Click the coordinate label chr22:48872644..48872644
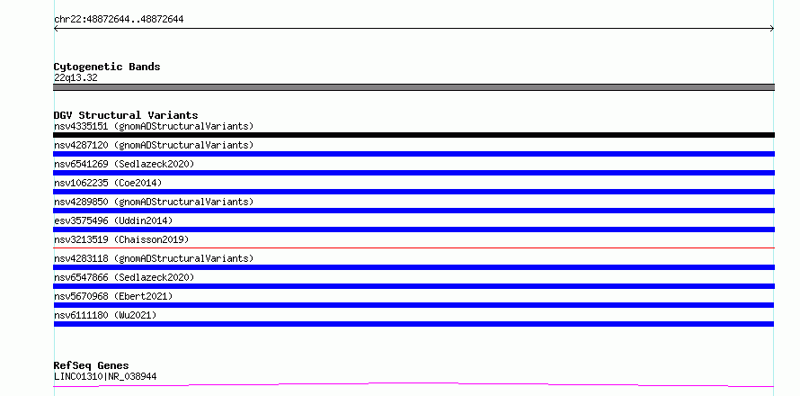(x=119, y=20)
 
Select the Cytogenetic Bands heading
(x=107, y=67)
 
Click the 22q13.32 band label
(x=76, y=77)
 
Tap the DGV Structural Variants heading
(x=126, y=115)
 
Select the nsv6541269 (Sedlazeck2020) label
(x=124, y=164)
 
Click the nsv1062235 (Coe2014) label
(x=108, y=183)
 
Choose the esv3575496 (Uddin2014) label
(x=113, y=220)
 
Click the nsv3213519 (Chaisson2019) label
(x=121, y=239)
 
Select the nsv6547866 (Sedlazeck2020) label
(x=124, y=277)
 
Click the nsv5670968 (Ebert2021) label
(x=113, y=296)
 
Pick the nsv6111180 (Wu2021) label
(x=105, y=315)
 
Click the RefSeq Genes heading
(x=92, y=365)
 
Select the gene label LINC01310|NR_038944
(x=105, y=376)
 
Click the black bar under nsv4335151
(x=413, y=135)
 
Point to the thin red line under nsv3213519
(x=413, y=247)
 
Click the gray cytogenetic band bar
(x=413, y=87)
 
